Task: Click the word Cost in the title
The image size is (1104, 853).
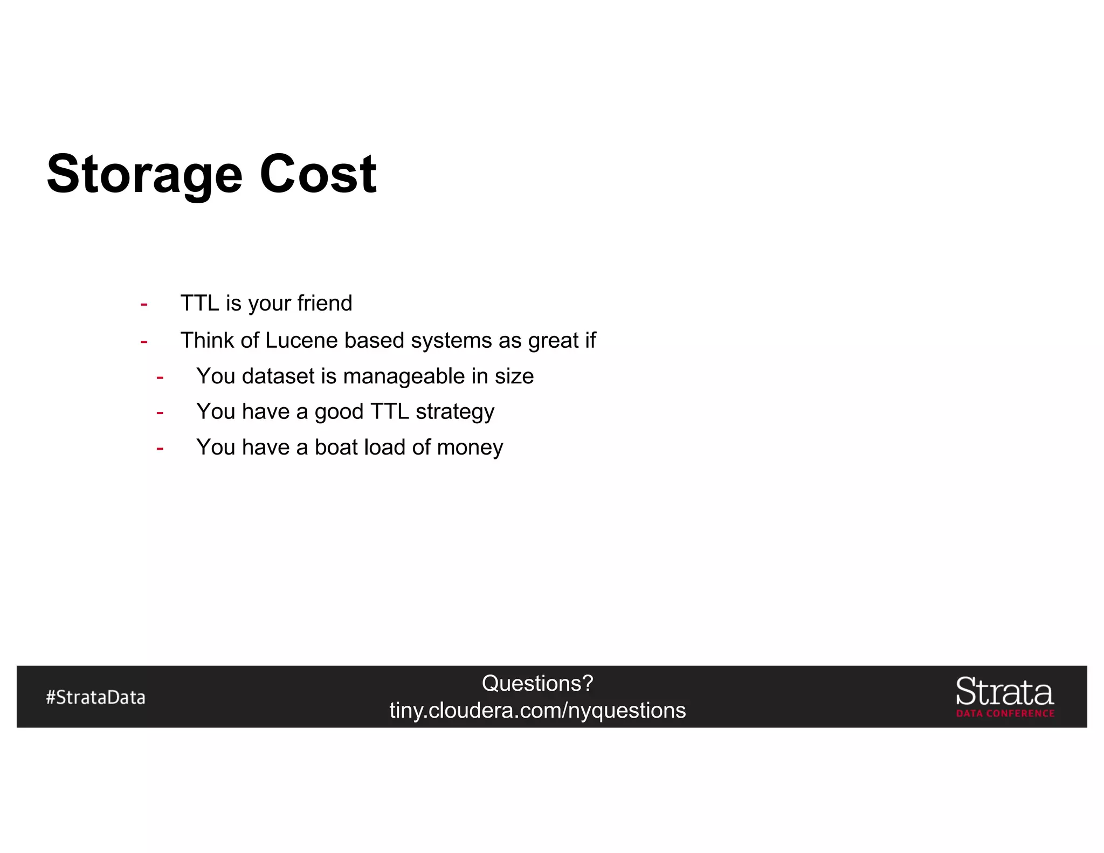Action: [318, 174]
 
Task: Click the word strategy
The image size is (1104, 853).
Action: [455, 412]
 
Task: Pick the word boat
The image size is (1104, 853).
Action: [336, 448]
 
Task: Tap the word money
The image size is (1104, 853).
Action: [470, 448]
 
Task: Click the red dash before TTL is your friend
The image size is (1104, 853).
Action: [144, 305]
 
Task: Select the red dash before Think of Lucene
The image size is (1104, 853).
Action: [144, 342]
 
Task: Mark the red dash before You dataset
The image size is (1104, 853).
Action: [160, 377]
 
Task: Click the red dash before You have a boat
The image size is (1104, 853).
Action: [160, 449]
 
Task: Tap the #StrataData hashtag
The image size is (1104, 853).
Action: [95, 698]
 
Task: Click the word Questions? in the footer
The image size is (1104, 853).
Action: [537, 684]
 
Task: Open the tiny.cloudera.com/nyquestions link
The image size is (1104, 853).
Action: [537, 711]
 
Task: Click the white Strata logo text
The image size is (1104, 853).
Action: [1004, 692]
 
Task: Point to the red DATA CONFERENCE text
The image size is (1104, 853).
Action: [1005, 713]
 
